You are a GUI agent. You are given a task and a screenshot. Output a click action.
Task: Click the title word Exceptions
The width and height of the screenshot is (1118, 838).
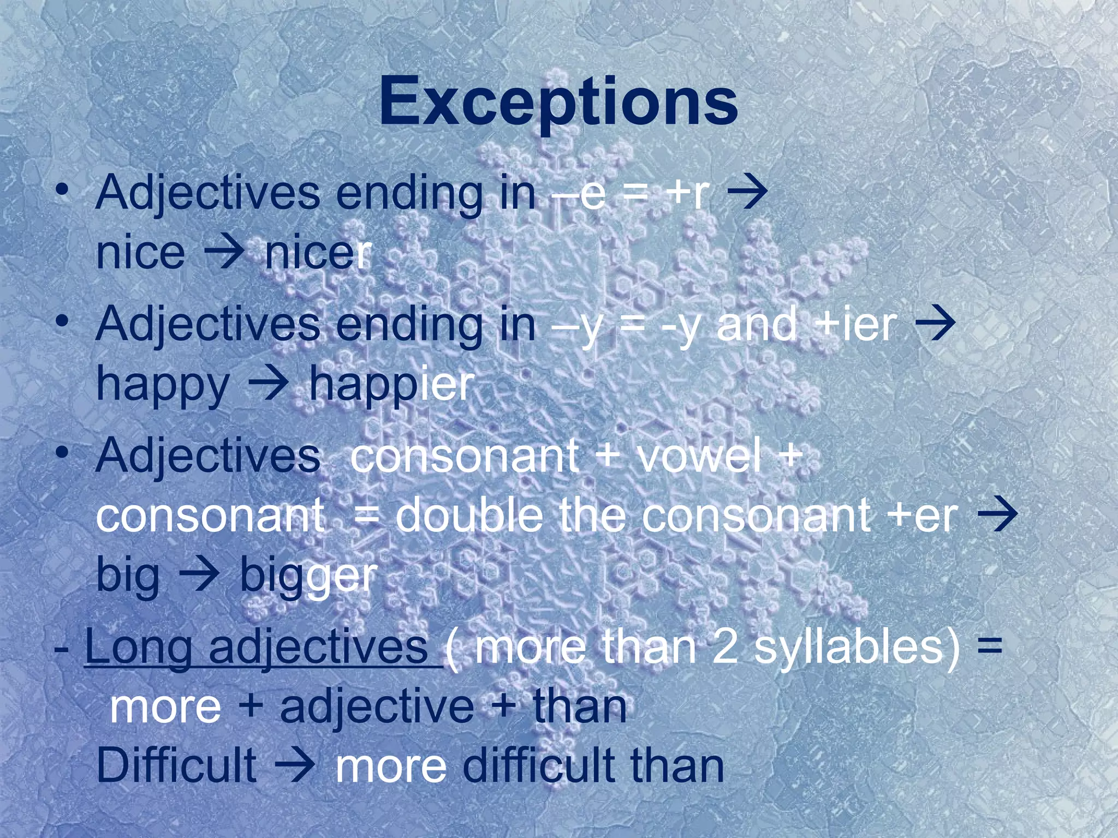(x=558, y=101)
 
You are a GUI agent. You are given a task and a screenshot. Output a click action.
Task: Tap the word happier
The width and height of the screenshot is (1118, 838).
(x=391, y=384)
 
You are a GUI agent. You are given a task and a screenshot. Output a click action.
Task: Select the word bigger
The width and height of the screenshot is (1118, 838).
(x=308, y=576)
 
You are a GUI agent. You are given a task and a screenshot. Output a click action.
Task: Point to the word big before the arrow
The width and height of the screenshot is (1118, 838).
(x=128, y=576)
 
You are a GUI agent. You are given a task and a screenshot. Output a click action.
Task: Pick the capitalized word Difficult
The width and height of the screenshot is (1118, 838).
(x=176, y=765)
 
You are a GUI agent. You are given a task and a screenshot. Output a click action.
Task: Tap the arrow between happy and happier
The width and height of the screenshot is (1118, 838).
(x=269, y=384)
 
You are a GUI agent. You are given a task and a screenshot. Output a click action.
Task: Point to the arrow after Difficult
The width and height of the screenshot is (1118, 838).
(x=295, y=765)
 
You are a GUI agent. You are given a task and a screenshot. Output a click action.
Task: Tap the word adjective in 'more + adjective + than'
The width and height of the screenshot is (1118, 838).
(x=377, y=707)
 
